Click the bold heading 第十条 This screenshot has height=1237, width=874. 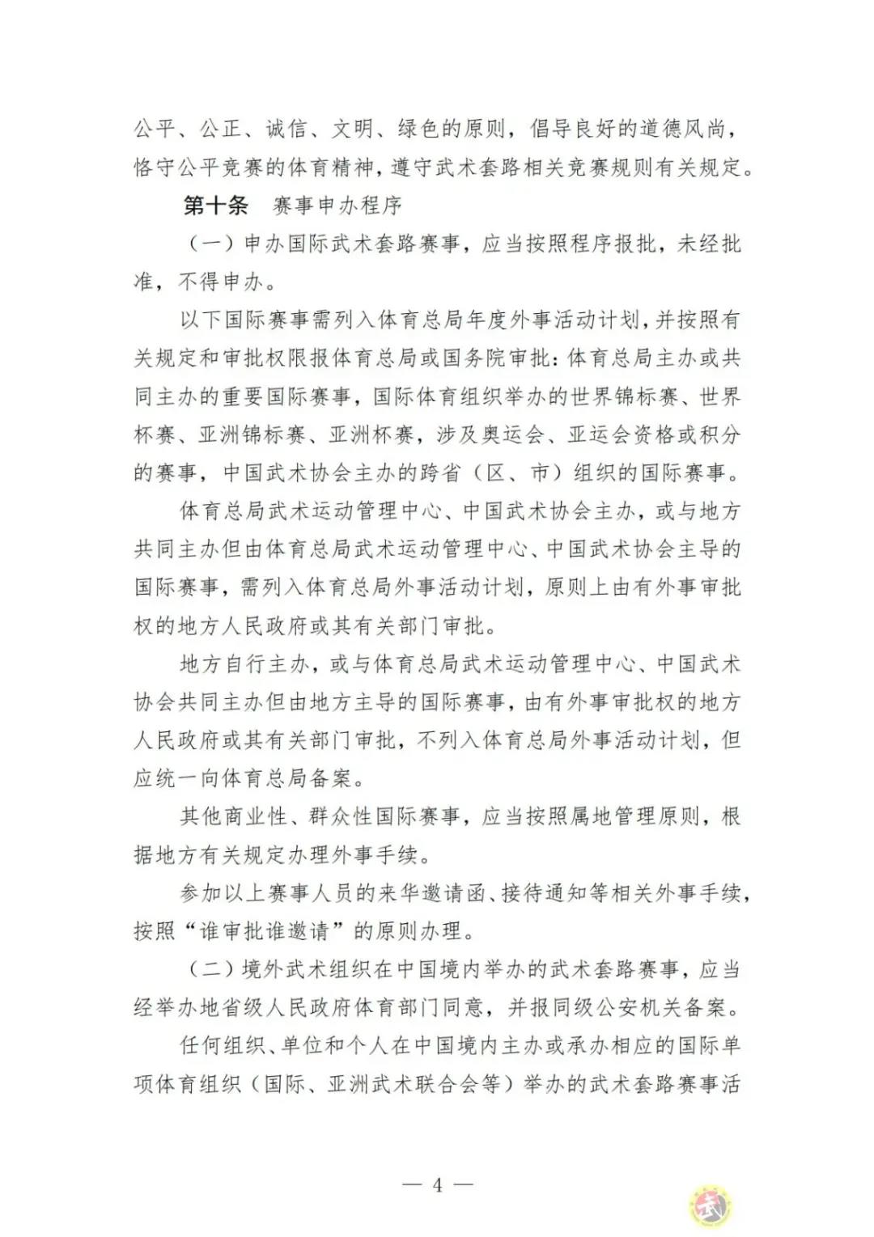point(215,205)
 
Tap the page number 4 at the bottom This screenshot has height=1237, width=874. point(437,1185)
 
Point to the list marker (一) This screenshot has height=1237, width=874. point(212,244)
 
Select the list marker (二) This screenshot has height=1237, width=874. point(212,968)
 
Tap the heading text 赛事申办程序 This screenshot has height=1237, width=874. point(337,205)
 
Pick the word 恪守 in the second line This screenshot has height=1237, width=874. point(155,167)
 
